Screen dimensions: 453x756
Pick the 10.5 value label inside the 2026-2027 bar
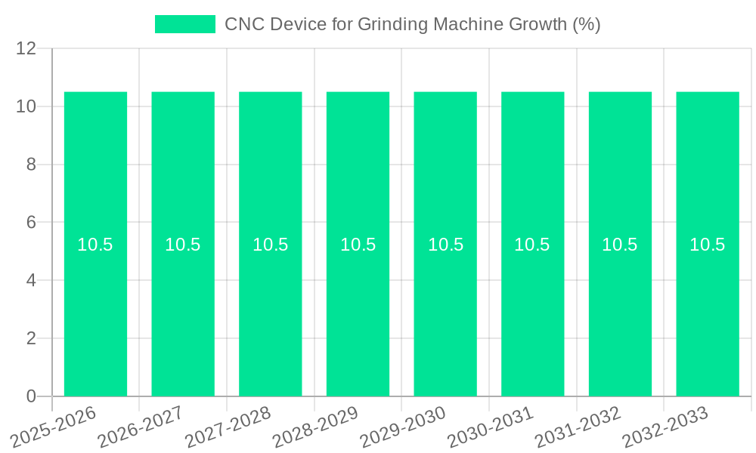pyautogui.click(x=183, y=245)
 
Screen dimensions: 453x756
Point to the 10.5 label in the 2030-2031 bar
pyautogui.click(x=532, y=245)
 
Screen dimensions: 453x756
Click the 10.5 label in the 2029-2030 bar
pyautogui.click(x=445, y=245)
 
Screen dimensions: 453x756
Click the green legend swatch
pyautogui.click(x=184, y=24)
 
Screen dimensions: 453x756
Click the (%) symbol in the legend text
pyautogui.click(x=586, y=24)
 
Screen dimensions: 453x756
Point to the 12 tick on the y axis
pyautogui.click(x=26, y=48)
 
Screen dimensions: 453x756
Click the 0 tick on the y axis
pyautogui.click(x=31, y=396)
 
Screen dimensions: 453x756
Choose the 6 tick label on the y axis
pyautogui.click(x=31, y=223)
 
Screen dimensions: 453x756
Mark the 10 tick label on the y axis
pyautogui.click(x=26, y=106)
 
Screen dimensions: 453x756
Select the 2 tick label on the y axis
pyautogui.click(x=31, y=338)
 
